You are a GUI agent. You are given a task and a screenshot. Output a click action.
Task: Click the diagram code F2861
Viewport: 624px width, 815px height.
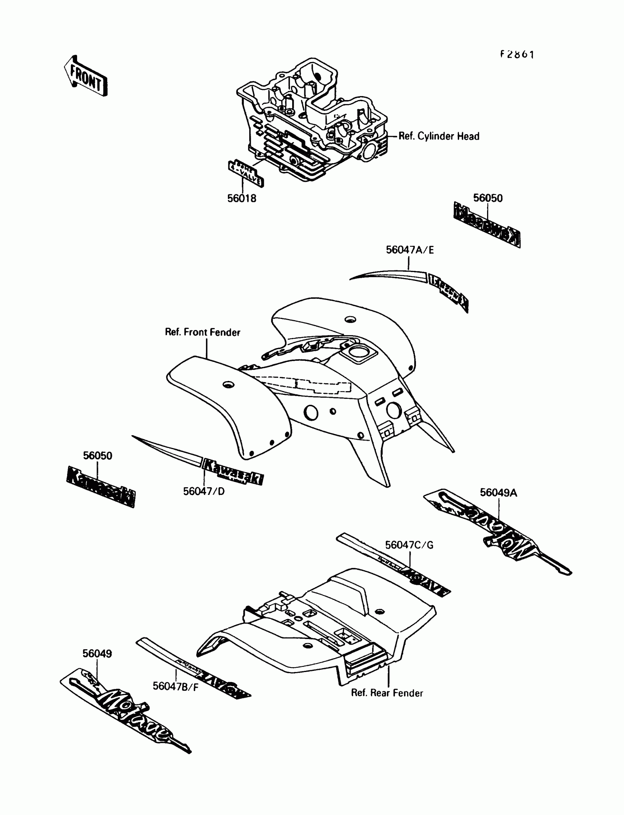point(517,55)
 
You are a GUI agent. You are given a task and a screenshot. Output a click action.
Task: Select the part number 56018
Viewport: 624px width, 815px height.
point(242,198)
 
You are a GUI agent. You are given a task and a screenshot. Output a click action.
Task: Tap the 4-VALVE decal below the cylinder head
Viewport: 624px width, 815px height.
point(246,174)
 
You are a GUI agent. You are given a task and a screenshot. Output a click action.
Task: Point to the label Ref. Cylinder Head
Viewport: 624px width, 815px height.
point(439,136)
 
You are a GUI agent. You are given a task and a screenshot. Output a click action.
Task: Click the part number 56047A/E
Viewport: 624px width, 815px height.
point(410,250)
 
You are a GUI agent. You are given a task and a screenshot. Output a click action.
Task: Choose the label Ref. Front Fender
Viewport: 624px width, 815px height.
point(202,332)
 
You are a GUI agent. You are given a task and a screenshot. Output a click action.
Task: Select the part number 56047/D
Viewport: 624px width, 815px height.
point(204,492)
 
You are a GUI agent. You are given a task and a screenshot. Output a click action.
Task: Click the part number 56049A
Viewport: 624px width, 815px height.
point(498,493)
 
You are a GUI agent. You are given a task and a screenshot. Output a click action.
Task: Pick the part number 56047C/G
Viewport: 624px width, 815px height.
point(409,545)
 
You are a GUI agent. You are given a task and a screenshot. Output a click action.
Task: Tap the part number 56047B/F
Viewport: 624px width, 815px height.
point(176,687)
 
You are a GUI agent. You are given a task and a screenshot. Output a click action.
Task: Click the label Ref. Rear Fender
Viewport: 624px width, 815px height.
point(387,693)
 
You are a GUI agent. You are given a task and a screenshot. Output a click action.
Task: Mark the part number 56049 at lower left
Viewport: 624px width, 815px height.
point(97,654)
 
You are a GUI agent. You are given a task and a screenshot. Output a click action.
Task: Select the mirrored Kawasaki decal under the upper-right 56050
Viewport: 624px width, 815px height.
point(487,225)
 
